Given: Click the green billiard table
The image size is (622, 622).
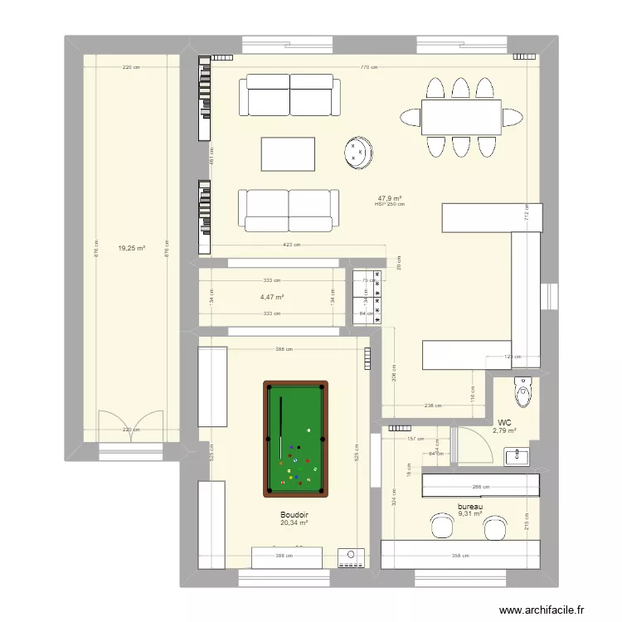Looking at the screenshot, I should [295, 438].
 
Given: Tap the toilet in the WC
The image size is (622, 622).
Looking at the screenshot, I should [522, 391].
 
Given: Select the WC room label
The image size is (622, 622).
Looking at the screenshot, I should [505, 421].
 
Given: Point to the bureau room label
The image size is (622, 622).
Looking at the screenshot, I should [469, 506].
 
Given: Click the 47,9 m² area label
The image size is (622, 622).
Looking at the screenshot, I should [390, 198].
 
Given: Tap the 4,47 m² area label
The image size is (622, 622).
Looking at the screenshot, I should [272, 297].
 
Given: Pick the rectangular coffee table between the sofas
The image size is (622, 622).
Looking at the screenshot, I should [289, 153].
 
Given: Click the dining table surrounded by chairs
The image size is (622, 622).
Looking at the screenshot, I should [461, 116].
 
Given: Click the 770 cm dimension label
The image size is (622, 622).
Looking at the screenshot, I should [370, 68].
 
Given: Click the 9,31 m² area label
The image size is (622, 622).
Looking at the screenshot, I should [469, 513].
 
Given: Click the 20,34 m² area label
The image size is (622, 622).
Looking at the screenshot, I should [294, 522].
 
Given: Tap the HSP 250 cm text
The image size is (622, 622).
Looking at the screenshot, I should [390, 205].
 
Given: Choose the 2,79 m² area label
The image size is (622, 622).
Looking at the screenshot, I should [505, 430].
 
